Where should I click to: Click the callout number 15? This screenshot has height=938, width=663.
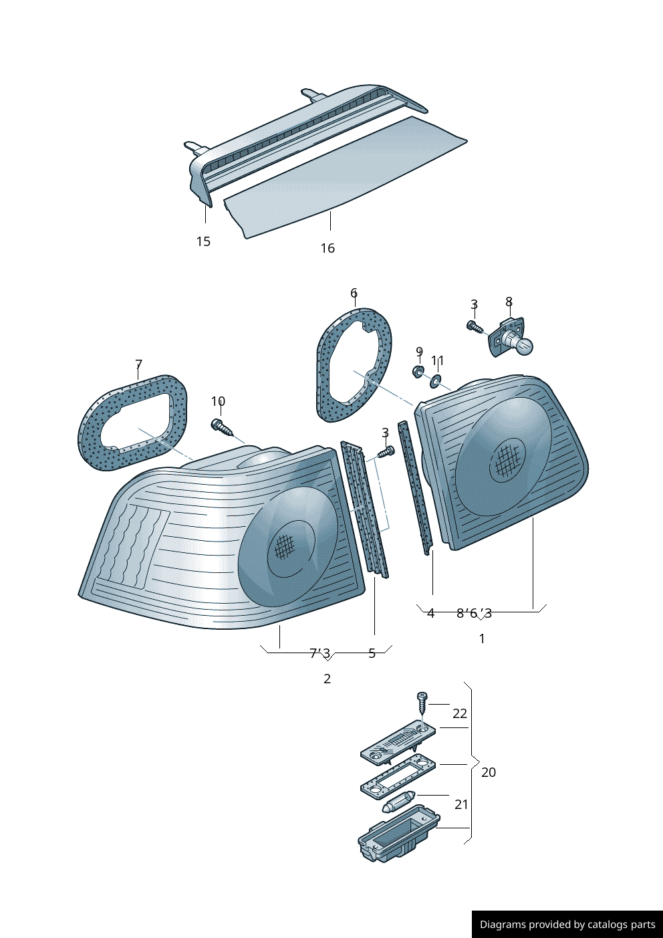click(203, 241)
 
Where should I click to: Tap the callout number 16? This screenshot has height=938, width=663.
click(327, 248)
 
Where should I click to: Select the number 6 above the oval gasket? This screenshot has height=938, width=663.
click(354, 293)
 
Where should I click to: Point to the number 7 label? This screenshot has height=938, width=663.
click(138, 364)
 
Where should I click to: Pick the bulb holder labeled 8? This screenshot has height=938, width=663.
click(513, 340)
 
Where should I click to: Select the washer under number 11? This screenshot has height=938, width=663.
click(435, 381)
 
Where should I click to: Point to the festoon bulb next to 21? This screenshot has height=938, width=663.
click(399, 802)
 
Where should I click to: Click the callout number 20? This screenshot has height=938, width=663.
click(489, 772)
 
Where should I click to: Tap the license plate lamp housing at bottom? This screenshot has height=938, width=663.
click(398, 834)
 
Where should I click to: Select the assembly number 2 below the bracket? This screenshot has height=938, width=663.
click(327, 679)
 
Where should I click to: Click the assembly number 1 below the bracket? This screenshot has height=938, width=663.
click(482, 638)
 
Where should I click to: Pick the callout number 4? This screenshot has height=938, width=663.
click(430, 613)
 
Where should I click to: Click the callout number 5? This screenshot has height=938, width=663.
click(372, 653)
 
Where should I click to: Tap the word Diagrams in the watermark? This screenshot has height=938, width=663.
click(503, 925)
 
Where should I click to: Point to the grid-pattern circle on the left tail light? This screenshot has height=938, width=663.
click(284, 546)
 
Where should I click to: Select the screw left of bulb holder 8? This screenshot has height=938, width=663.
click(474, 326)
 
